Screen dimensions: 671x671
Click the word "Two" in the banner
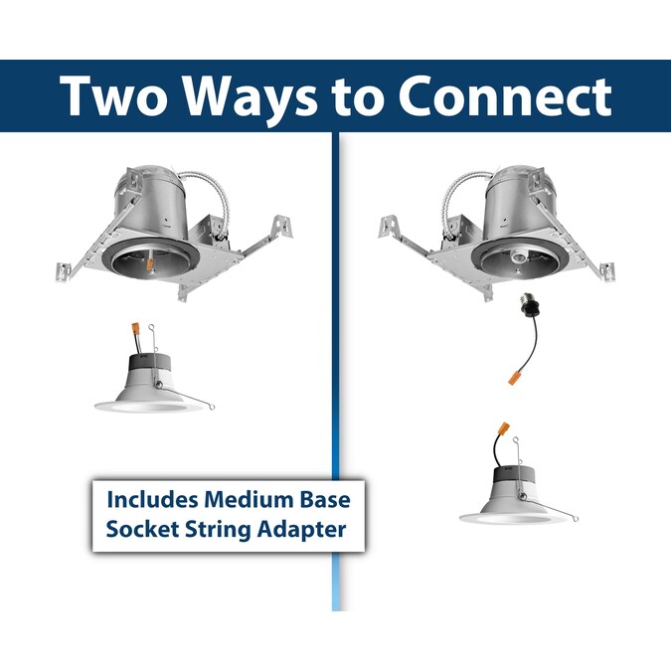pos(114,95)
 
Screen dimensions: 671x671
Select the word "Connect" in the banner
pos(505,95)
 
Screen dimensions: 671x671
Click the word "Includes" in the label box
pos(152,499)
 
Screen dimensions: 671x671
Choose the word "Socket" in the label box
pos(142,530)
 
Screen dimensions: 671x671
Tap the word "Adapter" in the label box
pos(301,531)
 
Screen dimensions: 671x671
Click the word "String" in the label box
pos(218,531)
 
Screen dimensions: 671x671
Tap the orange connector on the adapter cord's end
pos(511,379)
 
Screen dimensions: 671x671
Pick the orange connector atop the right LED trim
pos(504,428)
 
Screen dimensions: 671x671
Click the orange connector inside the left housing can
pos(150,264)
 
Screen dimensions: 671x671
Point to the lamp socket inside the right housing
pos(518,257)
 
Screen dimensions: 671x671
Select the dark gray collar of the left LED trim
pos(150,363)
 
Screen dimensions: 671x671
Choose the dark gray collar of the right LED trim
pos(515,477)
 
